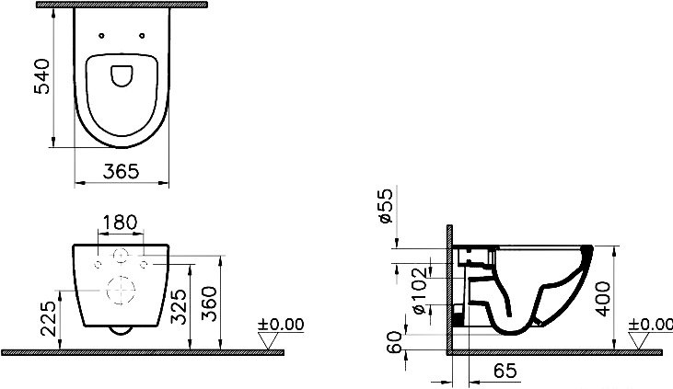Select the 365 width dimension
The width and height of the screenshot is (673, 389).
tap(121, 172)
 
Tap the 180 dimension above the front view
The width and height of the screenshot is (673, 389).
tap(121, 223)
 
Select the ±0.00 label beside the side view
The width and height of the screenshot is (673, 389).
tap(649, 325)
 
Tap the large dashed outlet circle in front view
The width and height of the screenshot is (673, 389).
tap(121, 290)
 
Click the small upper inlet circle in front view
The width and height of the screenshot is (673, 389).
tap(121, 256)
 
